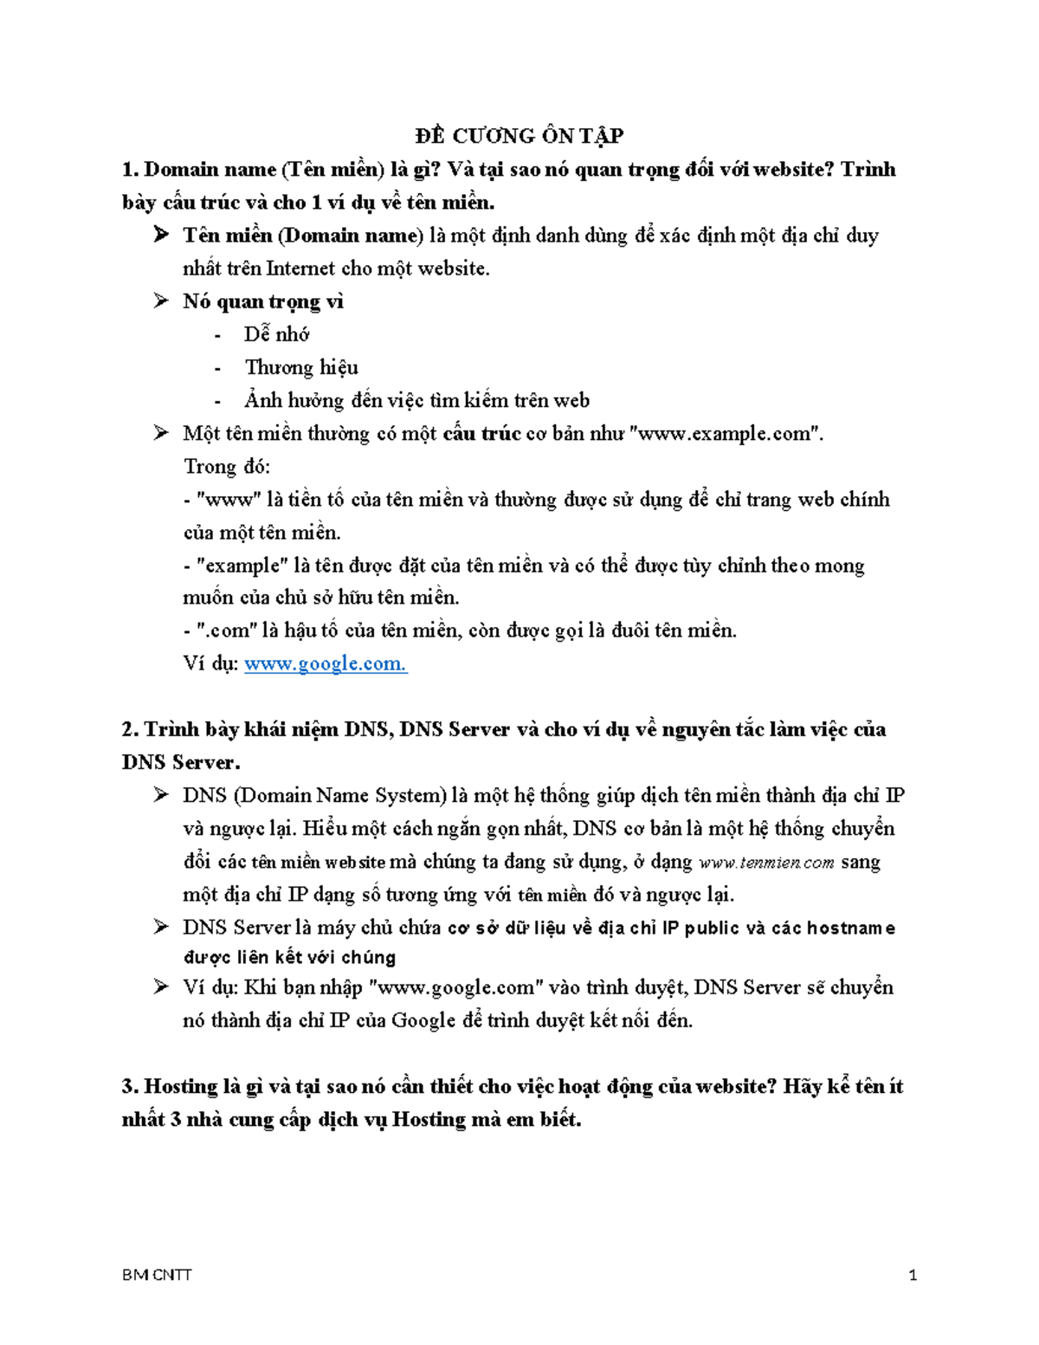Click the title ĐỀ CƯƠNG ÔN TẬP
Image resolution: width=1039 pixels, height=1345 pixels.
tap(519, 135)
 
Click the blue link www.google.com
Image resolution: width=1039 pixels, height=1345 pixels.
tap(326, 664)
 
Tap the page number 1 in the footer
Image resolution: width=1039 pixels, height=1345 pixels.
tap(913, 1275)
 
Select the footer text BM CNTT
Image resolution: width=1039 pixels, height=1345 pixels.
tap(158, 1275)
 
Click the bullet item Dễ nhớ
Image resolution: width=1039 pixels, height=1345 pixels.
tap(276, 334)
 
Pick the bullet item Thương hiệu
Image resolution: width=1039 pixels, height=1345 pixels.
tap(301, 367)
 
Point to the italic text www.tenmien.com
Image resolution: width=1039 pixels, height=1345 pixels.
tap(766, 863)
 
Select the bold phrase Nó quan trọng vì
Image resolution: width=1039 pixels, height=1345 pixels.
tap(263, 301)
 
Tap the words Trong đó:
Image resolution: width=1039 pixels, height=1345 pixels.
tap(227, 466)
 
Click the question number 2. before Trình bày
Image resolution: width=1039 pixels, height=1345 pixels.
tap(131, 729)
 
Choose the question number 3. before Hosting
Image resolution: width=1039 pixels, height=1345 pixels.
tap(131, 1086)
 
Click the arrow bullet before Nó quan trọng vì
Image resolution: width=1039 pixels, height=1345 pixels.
tap(161, 301)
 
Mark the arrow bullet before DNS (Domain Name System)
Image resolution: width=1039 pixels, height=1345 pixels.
tap(161, 795)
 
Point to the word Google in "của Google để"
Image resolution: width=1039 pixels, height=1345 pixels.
tap(423, 1020)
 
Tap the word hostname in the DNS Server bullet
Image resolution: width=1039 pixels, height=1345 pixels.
tap(851, 928)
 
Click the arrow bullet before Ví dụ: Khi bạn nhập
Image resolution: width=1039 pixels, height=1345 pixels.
tap(161, 987)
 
